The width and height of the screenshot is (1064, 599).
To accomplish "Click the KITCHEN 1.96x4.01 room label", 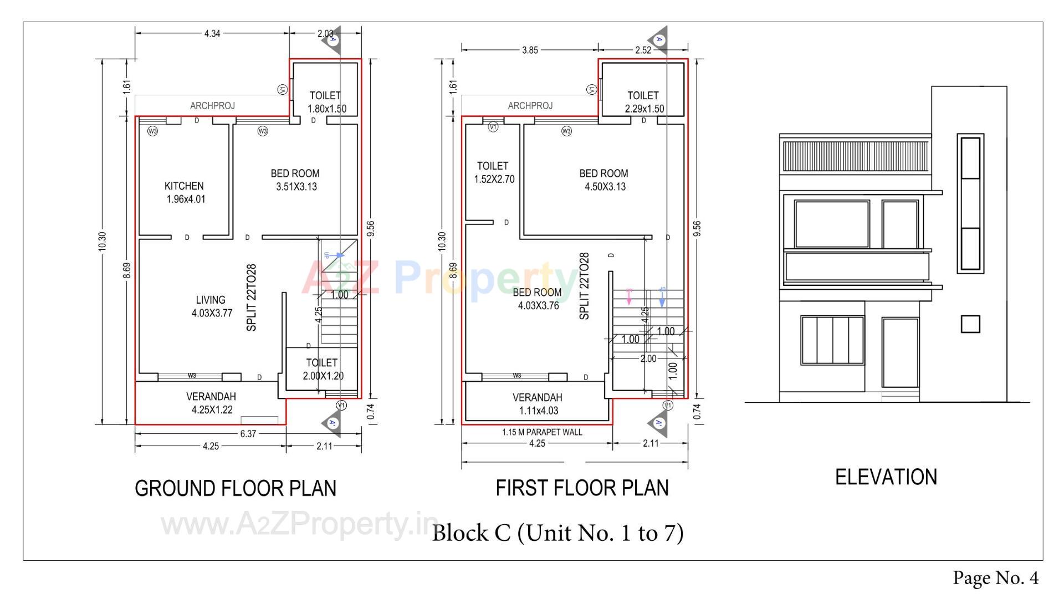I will coord(185,192).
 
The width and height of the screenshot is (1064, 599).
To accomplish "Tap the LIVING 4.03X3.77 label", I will coord(211,306).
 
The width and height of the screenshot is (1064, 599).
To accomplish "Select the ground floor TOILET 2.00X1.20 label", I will coord(323,369).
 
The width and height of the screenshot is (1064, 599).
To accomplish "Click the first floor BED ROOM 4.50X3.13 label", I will coord(604,180).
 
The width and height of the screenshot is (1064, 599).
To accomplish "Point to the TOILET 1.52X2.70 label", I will coord(493,172).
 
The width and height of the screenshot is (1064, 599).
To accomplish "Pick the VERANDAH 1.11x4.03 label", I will coord(538,404).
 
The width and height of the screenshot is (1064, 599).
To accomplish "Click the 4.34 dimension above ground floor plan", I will coord(212,33).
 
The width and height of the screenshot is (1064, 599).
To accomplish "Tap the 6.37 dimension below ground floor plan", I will coord(248,434).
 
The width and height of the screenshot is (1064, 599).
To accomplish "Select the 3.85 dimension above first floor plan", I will coord(529,50).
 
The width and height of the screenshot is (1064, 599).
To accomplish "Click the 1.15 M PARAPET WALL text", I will coord(542,432).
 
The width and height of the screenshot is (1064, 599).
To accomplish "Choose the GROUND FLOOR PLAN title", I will coord(236,488).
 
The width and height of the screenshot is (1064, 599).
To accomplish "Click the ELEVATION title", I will coord(886,477).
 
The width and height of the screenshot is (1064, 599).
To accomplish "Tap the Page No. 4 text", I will coord(995,578).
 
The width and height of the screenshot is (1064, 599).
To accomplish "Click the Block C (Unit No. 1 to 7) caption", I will coord(557,533).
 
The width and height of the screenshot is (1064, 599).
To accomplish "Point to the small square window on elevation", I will coord(970,324).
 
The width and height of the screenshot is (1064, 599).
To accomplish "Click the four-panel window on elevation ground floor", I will coord(832,340).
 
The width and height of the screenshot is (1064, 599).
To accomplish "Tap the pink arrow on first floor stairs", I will coord(629,296).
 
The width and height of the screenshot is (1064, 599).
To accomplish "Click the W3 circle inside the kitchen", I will coord(152,131).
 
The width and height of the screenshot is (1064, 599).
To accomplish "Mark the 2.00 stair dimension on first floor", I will coord(648,359).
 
